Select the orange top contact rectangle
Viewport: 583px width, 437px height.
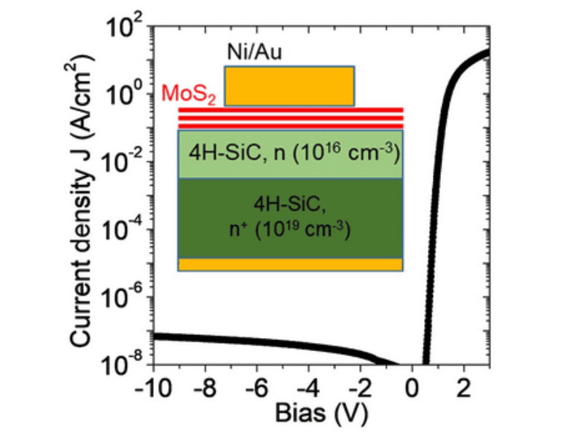click(289, 86)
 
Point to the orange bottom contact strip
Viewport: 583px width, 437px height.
click(291, 264)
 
